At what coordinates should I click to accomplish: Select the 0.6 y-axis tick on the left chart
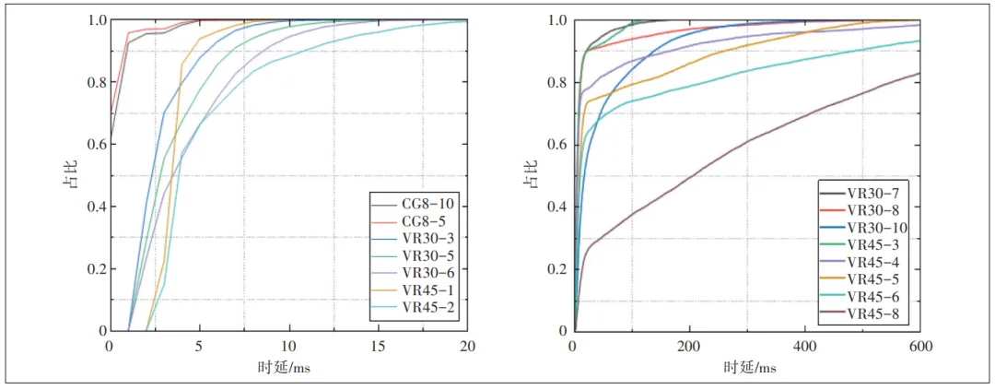pos(91,145)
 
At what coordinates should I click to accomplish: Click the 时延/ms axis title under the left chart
pos(287,367)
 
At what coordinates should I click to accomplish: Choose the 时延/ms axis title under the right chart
pos(747,367)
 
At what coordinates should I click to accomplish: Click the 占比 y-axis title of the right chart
pos(530,175)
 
